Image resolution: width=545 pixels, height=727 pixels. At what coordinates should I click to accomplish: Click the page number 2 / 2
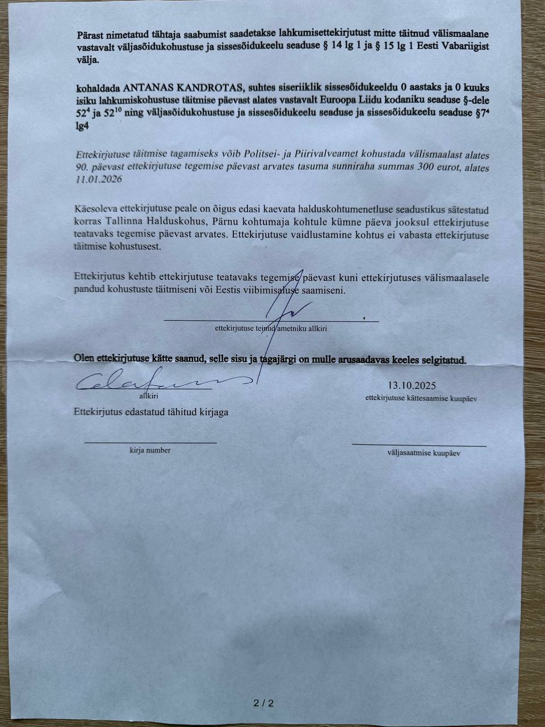[263, 703]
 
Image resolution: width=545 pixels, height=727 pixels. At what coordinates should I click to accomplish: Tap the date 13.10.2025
[412, 386]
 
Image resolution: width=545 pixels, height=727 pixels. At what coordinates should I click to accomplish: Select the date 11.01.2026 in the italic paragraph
[97, 179]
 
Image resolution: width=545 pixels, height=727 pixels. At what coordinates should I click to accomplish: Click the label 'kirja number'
[150, 450]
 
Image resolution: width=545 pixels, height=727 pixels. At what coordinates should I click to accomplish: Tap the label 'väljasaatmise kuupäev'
[424, 453]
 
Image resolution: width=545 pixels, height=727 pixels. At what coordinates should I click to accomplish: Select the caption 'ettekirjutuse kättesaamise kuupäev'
[421, 398]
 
